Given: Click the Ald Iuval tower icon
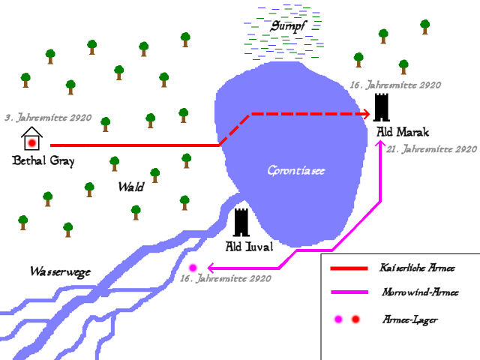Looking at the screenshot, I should (x=241, y=223).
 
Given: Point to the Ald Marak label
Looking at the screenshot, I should (x=402, y=132).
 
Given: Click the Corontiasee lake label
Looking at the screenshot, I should (x=297, y=170).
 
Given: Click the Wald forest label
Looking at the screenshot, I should (x=130, y=187).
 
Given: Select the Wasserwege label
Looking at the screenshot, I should (x=60, y=271).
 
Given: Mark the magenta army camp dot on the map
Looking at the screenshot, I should (x=193, y=267).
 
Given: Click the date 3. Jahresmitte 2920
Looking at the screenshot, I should (x=48, y=118).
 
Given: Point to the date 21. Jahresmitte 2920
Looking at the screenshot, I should (x=432, y=149).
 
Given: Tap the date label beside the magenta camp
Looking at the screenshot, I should (x=226, y=279).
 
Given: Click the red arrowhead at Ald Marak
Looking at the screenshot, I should (x=367, y=114).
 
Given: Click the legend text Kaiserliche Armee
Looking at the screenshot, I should (x=418, y=268).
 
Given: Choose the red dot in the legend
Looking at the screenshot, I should (x=355, y=319).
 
